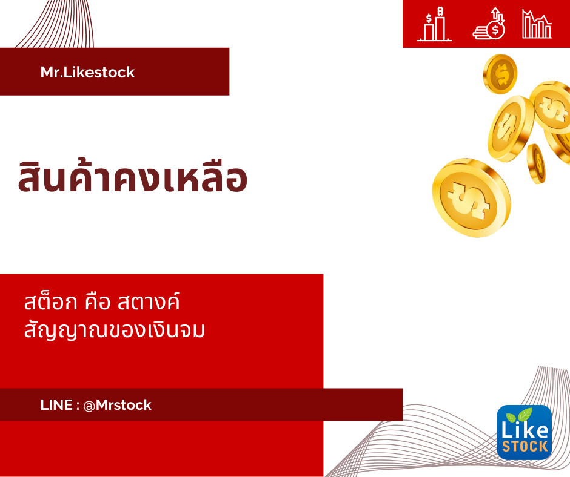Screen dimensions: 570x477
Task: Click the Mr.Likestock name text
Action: [87, 72]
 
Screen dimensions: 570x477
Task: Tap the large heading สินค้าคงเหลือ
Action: [133, 176]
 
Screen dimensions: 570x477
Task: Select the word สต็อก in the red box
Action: [50, 301]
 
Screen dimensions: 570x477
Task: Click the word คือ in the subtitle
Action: [97, 302]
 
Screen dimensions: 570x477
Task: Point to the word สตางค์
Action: [149, 301]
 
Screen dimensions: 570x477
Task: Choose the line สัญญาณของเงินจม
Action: [115, 330]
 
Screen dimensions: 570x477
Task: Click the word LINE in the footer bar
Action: [56, 405]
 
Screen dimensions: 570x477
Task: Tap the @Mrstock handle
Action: [118, 405]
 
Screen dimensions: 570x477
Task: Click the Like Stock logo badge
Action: [524, 432]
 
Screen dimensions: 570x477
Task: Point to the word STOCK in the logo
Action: [525, 446]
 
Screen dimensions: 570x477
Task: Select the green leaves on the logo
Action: [520, 416]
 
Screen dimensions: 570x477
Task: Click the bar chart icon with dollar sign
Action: [434, 24]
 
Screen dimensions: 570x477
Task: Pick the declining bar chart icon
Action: [537, 24]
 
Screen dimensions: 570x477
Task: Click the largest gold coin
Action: [472, 197]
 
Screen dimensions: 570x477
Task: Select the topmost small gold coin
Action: [500, 74]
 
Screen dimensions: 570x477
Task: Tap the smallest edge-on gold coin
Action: [537, 163]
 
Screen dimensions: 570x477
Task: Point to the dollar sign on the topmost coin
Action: [502, 74]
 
